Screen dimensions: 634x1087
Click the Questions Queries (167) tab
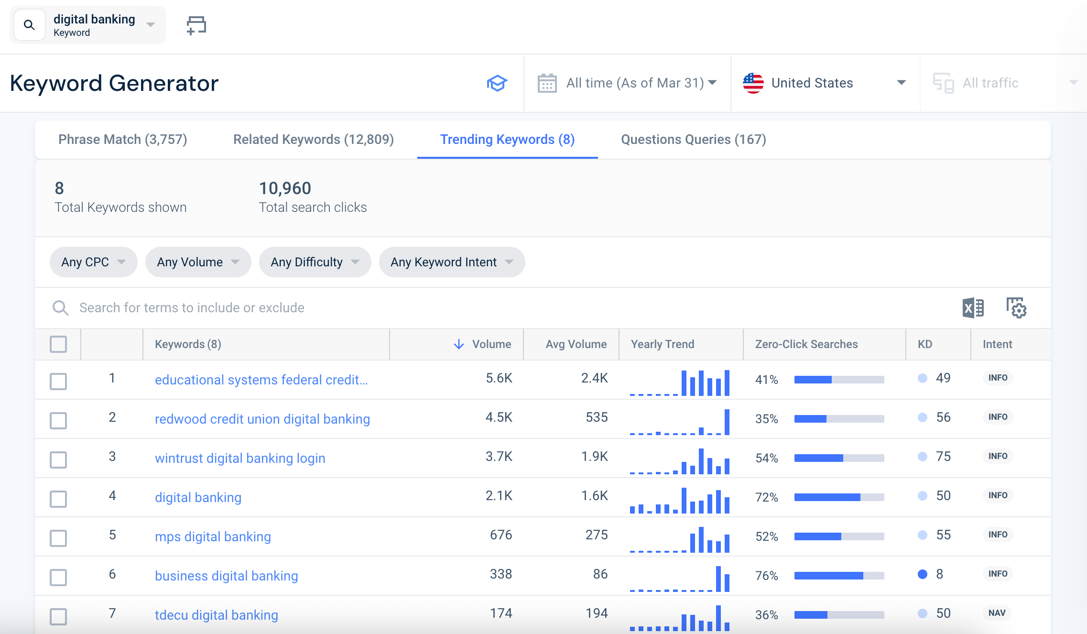[693, 140]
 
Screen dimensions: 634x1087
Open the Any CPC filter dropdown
[93, 262]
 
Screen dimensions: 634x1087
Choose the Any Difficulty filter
[315, 262]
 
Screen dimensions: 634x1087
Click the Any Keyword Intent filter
[451, 262]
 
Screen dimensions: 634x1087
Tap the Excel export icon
[973, 308]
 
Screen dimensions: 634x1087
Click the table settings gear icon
[1016, 308]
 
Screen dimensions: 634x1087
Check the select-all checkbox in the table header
[58, 344]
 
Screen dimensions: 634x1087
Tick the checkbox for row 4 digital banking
[58, 499]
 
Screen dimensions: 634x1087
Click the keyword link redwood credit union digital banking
[262, 419]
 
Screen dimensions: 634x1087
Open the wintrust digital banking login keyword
[240, 459]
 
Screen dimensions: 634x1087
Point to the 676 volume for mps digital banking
[500, 535]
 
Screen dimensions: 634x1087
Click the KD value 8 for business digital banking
[939, 574]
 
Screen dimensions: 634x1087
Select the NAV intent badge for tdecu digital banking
[997, 613]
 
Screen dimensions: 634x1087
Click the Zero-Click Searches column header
[806, 344]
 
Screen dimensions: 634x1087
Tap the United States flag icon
[753, 83]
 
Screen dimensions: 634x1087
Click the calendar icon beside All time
[547, 83]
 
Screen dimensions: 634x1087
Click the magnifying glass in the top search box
[29, 25]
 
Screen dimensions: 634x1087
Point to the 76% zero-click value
[766, 576]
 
